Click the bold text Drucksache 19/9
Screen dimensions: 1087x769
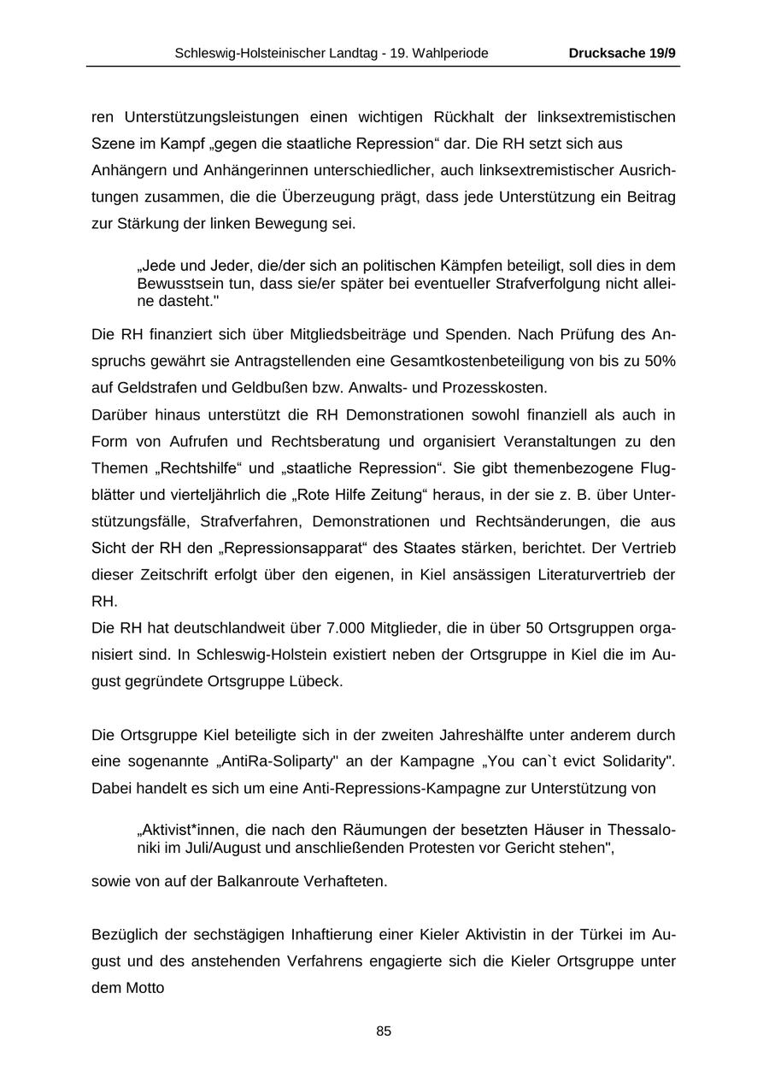pyautogui.click(x=622, y=53)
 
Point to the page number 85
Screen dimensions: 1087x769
pyautogui.click(x=384, y=1031)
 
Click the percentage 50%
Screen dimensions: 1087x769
pyautogui.click(x=660, y=361)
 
